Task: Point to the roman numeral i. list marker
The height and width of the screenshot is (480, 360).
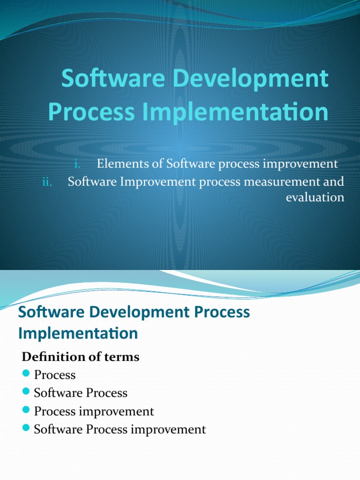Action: (x=78, y=164)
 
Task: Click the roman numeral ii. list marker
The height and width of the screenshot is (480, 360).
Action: (x=47, y=182)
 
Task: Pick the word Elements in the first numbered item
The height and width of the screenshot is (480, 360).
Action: (x=119, y=164)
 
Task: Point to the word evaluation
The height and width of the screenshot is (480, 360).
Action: (x=315, y=197)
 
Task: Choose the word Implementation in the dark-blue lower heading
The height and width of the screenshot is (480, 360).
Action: (x=78, y=333)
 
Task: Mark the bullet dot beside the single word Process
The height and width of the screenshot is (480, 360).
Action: (x=26, y=374)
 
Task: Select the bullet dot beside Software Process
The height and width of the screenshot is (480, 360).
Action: (x=26, y=392)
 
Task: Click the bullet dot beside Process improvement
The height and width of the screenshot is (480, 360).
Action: (x=26, y=410)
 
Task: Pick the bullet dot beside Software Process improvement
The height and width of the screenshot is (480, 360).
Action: (x=26, y=428)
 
